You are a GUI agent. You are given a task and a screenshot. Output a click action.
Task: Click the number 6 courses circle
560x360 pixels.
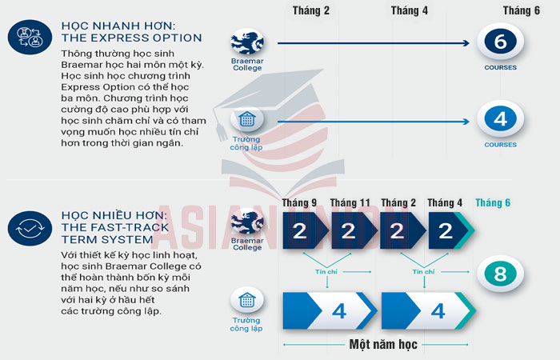click(500, 43)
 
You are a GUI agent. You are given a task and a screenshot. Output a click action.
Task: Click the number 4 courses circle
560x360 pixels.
click(500, 120)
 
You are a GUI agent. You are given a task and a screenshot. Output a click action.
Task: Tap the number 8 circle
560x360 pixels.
click(500, 275)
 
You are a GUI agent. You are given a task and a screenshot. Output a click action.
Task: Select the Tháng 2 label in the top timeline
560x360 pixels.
click(311, 10)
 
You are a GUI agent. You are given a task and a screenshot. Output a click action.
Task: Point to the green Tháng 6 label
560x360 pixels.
click(493, 202)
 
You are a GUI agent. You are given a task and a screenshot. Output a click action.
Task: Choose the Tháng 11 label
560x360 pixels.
click(350, 202)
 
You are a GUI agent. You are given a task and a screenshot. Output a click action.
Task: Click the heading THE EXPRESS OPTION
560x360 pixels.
click(132, 38)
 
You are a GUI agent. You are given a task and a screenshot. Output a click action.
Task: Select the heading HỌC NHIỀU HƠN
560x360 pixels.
click(113, 215)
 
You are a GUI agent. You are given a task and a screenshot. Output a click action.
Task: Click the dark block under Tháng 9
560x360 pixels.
click(301, 231)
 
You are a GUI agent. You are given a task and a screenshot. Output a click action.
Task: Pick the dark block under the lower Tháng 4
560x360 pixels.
click(448, 231)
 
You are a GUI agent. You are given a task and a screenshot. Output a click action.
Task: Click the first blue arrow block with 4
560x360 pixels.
click(330, 310)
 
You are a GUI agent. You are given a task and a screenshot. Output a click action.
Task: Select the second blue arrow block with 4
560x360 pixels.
click(429, 310)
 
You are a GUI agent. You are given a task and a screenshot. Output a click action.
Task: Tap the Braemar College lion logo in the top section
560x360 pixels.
click(246, 41)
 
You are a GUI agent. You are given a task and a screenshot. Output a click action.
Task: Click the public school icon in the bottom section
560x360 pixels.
click(246, 301)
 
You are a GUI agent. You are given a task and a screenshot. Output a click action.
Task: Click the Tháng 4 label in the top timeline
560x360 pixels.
click(410, 10)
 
